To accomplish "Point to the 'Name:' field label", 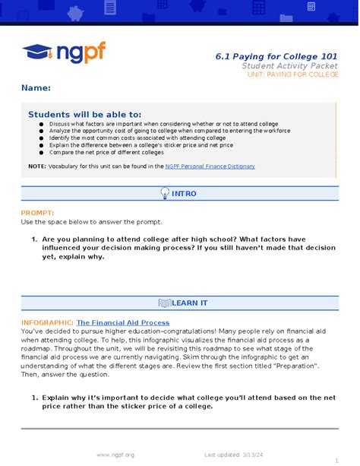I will (36, 88).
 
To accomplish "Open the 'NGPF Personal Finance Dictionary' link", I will (210, 166).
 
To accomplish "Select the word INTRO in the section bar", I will (184, 194).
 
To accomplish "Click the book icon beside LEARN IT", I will (164, 303).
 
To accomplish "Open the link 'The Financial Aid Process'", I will (123, 322).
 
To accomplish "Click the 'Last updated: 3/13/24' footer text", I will (233, 454).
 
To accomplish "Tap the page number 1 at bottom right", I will (336, 459).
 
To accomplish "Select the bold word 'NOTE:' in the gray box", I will (37, 166).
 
